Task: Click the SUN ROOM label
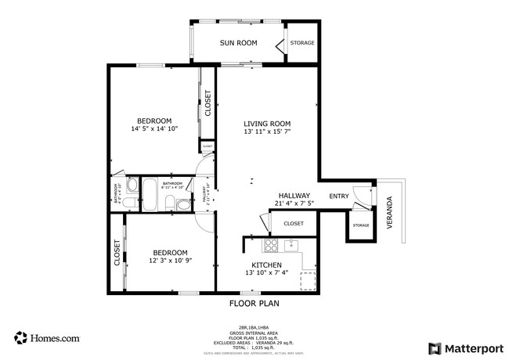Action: [x=238, y=43]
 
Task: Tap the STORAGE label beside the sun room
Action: [x=302, y=43]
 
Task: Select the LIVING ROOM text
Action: [x=267, y=124]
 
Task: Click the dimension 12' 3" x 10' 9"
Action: [x=170, y=261]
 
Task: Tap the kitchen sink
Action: [x=291, y=245]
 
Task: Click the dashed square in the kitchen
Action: [x=308, y=280]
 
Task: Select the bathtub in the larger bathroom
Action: [x=148, y=194]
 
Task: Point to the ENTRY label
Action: [x=339, y=196]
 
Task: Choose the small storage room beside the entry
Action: [x=360, y=225]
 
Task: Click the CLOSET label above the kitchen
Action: [x=294, y=224]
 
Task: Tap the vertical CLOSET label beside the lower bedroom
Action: [x=117, y=254]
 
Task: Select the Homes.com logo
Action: [x=47, y=338]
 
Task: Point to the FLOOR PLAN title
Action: [x=254, y=304]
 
